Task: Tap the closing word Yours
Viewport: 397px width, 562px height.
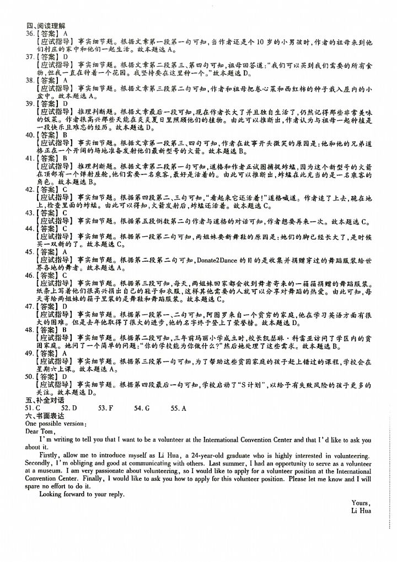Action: (361, 502)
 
